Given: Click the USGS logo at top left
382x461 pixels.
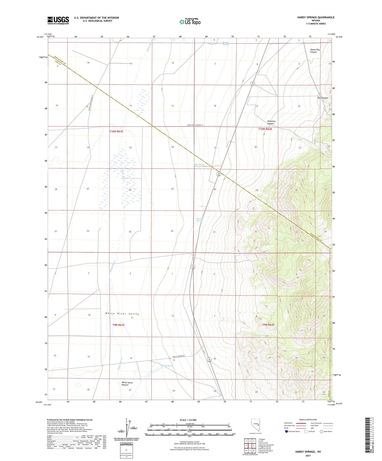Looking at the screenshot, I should coord(58,20).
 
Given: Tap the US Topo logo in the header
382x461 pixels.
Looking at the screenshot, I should coord(190,22).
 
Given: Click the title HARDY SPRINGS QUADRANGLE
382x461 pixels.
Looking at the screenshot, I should coord(316,17).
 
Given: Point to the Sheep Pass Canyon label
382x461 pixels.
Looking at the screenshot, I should coord(315,51).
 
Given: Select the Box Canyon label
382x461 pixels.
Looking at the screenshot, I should coord(323,98).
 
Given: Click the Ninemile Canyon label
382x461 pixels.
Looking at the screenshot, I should coord(271,122).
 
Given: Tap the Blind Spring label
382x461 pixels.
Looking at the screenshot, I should coord(199,165).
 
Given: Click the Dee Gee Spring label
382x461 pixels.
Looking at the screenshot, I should coord(199,220).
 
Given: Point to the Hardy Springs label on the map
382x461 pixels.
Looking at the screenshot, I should coord(167,366).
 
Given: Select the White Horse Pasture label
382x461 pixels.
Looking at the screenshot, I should coord(127,384).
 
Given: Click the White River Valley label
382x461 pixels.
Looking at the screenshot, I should coord(122,314).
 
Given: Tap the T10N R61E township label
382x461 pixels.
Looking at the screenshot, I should coord(116,131).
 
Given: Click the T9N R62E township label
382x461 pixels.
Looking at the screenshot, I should coord(268,325).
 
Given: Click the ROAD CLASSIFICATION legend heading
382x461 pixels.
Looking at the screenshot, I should coord(308,420).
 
